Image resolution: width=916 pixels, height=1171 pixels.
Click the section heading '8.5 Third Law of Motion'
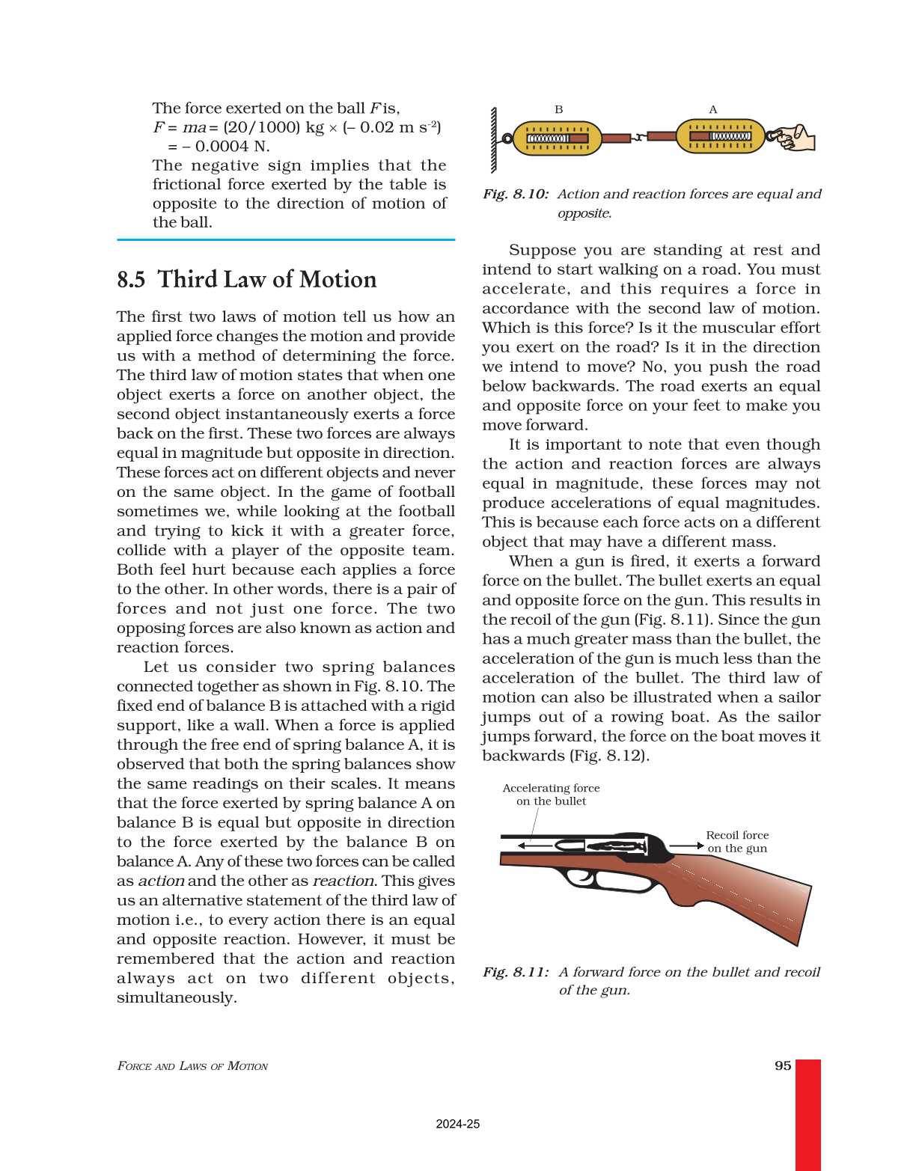tap(246, 280)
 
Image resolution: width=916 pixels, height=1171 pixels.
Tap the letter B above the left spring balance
tap(558, 109)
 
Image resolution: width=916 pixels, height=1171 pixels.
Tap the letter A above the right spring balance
tap(712, 109)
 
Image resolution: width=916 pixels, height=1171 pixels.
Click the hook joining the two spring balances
tap(638, 138)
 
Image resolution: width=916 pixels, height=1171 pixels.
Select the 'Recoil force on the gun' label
tap(737, 841)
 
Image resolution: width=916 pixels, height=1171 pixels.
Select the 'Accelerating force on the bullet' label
tap(551, 794)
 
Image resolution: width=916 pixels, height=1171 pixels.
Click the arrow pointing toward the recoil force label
tap(686, 846)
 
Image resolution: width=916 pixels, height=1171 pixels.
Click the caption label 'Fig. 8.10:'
tap(515, 195)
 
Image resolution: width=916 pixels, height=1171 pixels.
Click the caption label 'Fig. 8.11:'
tap(515, 972)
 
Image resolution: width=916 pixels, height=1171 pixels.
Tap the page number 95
tap(783, 1065)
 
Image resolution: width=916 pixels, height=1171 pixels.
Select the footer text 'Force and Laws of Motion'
tap(192, 1066)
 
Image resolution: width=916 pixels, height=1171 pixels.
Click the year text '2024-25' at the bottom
tap(457, 1124)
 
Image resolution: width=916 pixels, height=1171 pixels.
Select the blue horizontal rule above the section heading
tap(286, 240)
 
